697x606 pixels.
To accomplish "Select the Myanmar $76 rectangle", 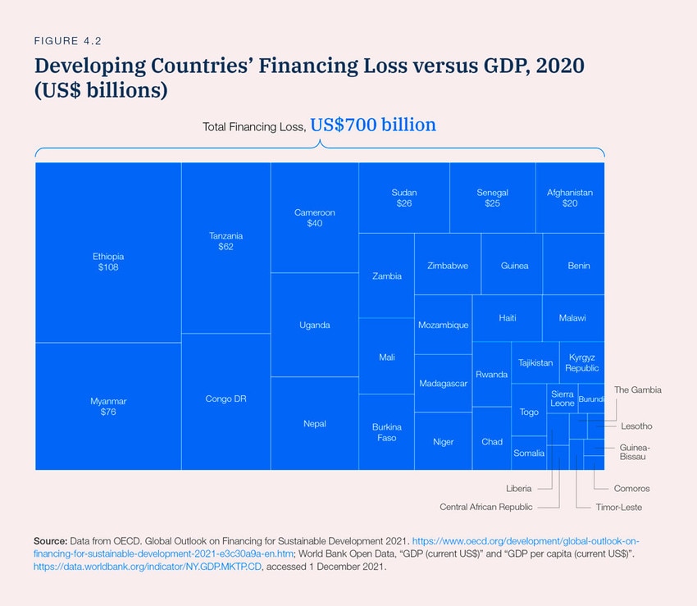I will [x=108, y=406].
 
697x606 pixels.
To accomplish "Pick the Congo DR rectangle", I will [x=225, y=400].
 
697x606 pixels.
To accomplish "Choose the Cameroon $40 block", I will [x=314, y=217].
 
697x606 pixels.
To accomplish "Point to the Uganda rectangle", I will [x=314, y=325].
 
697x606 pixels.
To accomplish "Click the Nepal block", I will [x=314, y=423].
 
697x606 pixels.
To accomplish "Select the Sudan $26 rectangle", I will [x=403, y=198].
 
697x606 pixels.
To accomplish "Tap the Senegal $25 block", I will [x=492, y=198].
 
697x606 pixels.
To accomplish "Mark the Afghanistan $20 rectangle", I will [x=570, y=198].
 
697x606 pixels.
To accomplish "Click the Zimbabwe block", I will [x=448, y=266].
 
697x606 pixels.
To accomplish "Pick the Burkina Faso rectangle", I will [x=386, y=432].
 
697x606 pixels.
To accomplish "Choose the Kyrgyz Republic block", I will [x=581, y=362].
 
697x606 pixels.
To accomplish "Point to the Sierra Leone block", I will [x=563, y=399].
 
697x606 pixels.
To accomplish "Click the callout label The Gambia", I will [x=637, y=390].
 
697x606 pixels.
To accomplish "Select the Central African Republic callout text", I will [x=485, y=507].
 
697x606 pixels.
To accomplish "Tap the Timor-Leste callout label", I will [x=619, y=507].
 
